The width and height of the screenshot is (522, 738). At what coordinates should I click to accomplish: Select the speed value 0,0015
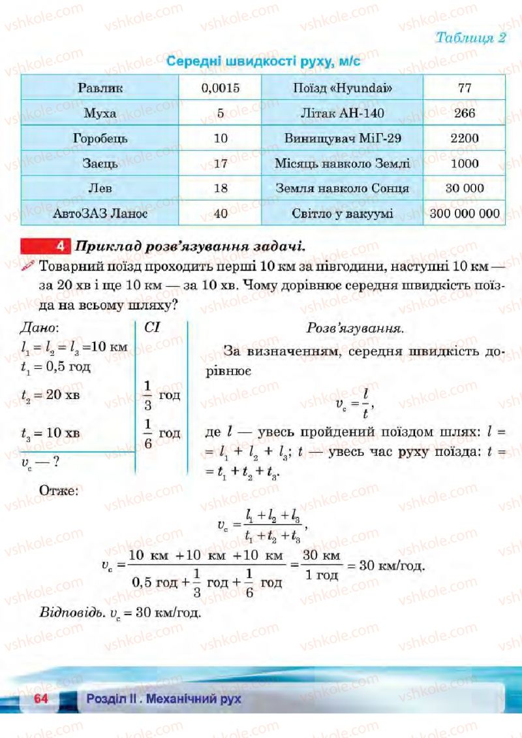(221, 88)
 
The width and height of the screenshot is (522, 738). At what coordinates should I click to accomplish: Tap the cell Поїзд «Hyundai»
(342, 88)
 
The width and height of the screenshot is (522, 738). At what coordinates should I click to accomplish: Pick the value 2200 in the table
(464, 138)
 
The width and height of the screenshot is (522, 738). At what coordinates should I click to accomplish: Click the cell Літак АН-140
(342, 113)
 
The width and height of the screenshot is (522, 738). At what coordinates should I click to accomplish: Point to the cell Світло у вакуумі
(342, 214)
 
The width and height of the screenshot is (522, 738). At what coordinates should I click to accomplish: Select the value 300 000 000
(464, 214)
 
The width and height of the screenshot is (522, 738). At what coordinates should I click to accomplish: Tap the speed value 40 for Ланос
(221, 214)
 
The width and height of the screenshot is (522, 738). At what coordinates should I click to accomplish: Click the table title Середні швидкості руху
(264, 62)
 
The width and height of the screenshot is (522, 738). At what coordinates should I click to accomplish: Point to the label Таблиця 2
(470, 37)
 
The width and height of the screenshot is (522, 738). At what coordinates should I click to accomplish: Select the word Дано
(39, 327)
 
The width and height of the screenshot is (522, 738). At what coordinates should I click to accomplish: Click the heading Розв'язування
(354, 329)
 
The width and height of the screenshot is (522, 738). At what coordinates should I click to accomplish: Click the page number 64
(42, 699)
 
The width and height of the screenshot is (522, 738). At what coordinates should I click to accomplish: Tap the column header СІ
(152, 327)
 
